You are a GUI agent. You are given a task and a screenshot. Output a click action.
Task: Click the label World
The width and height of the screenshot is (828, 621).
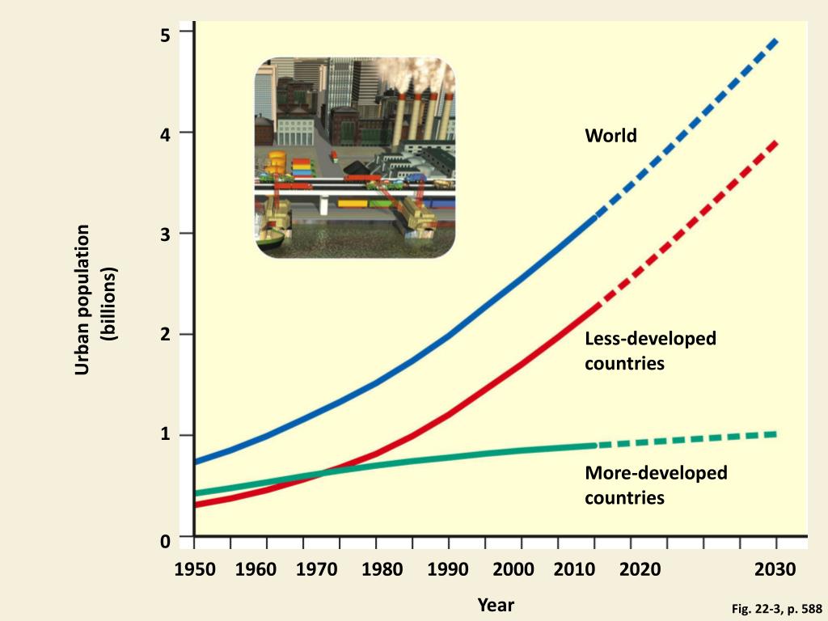tap(610, 136)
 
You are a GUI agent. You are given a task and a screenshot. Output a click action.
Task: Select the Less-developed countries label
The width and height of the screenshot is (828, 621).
tap(650, 351)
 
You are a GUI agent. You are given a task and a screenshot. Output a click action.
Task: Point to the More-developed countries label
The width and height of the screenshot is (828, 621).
tap(656, 484)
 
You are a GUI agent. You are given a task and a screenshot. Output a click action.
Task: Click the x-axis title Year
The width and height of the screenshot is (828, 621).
tap(496, 605)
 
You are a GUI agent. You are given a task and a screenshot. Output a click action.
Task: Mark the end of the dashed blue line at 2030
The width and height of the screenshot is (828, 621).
tap(776, 40)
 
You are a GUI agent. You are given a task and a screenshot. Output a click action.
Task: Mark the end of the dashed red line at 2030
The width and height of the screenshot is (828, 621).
tap(776, 143)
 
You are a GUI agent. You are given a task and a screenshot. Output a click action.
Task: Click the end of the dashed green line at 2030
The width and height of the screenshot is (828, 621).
tap(776, 434)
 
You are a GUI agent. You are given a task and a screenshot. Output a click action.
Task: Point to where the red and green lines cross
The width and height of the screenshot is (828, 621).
tap(319, 473)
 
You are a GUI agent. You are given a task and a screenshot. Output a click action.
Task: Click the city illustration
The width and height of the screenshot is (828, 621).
tap(355, 158)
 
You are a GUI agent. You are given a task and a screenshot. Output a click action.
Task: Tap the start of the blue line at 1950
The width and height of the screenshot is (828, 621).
tap(196, 462)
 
